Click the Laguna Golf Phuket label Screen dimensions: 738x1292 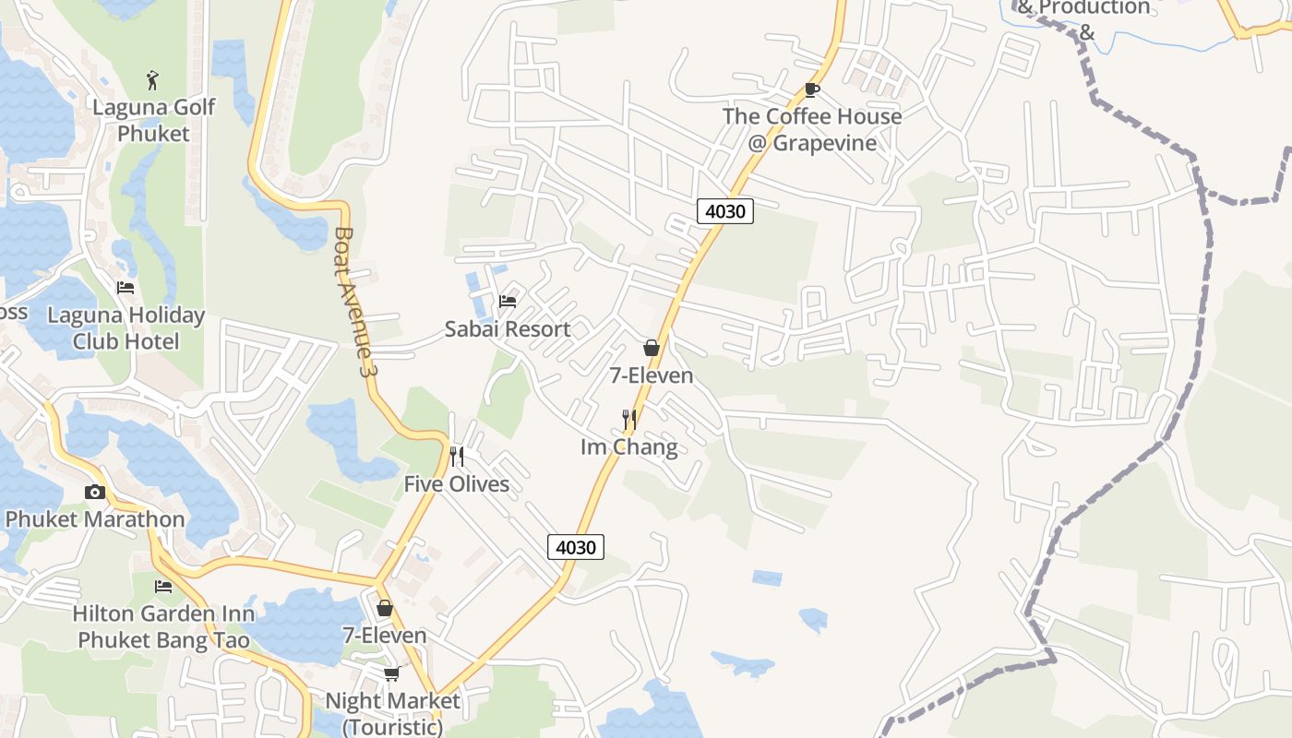point(153,120)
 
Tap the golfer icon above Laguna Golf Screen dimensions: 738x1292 point(153,80)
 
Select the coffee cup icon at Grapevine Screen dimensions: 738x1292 point(811,89)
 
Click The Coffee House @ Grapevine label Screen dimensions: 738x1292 point(811,130)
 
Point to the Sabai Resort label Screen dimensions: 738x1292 point(507,329)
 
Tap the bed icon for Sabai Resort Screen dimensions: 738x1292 point(507,301)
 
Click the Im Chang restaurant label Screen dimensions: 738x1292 point(628,448)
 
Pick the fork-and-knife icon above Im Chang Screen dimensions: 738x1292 point(629,421)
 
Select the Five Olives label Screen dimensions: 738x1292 point(456,484)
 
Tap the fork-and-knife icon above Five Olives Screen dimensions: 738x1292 point(456,457)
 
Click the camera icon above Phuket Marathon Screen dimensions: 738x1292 point(95,493)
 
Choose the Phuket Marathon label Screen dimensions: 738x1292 point(95,519)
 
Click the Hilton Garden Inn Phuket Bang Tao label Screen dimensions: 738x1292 point(163,626)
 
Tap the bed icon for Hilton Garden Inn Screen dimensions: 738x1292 point(163,587)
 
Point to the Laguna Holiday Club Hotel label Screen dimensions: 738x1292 point(126,328)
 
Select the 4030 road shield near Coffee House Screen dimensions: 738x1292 point(724,211)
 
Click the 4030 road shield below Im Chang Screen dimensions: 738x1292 point(576,547)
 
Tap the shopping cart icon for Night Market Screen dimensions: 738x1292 point(391,673)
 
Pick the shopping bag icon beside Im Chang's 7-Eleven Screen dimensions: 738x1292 point(652,348)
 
